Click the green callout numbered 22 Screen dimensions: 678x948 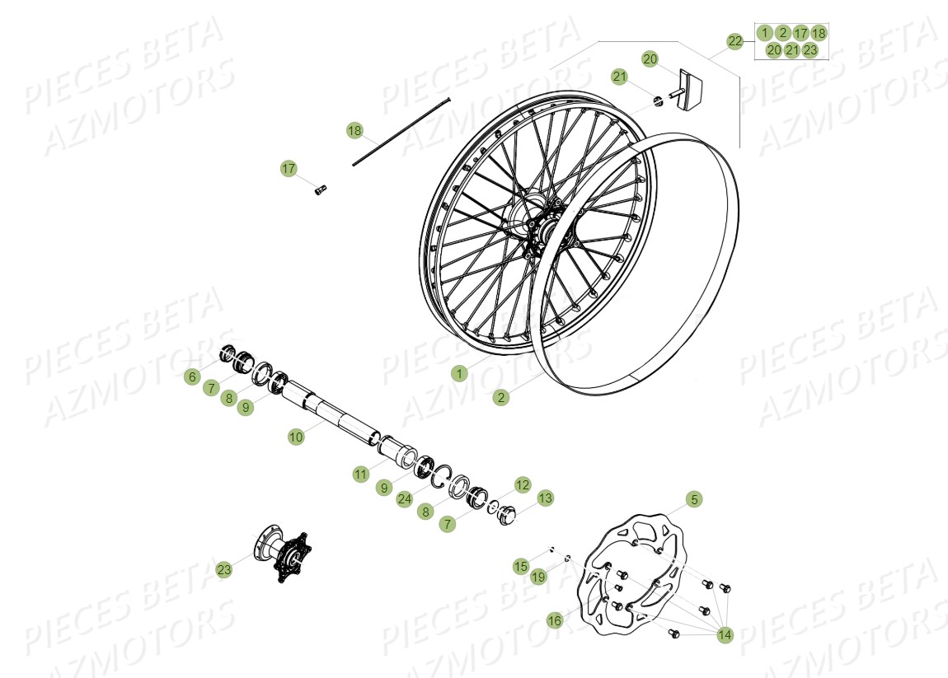[734, 40]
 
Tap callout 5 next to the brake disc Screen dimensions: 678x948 [694, 499]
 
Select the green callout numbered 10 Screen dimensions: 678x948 [296, 437]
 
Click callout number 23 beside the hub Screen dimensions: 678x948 [224, 569]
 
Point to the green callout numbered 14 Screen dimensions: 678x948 [725, 634]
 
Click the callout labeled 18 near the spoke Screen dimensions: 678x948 [354, 130]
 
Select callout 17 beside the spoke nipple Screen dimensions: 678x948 [289, 169]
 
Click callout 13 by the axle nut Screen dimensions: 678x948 [545, 498]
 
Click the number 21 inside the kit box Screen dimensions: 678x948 [792, 49]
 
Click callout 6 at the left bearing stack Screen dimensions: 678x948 [192, 376]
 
